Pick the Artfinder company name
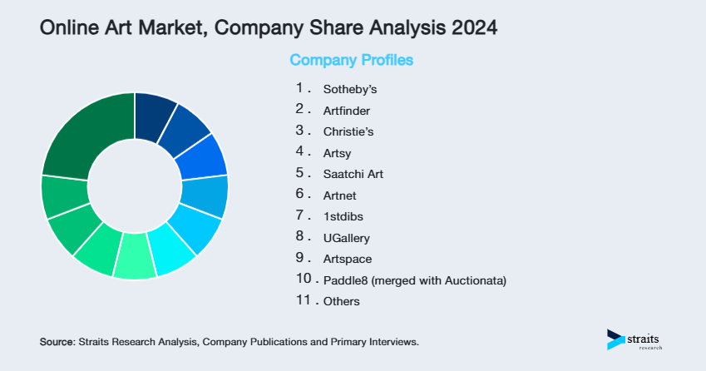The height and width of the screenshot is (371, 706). pos(347,110)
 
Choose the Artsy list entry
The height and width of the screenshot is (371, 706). pos(338,152)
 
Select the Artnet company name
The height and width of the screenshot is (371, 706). pos(340,195)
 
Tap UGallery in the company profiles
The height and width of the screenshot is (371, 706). pos(347,238)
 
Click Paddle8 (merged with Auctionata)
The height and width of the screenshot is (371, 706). pos(415,280)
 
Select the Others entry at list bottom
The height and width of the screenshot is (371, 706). pos(342,301)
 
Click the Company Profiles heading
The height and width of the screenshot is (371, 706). pos(351,60)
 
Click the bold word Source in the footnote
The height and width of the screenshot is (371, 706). pos(57,342)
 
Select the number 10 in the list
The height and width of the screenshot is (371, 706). pos(302,279)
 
